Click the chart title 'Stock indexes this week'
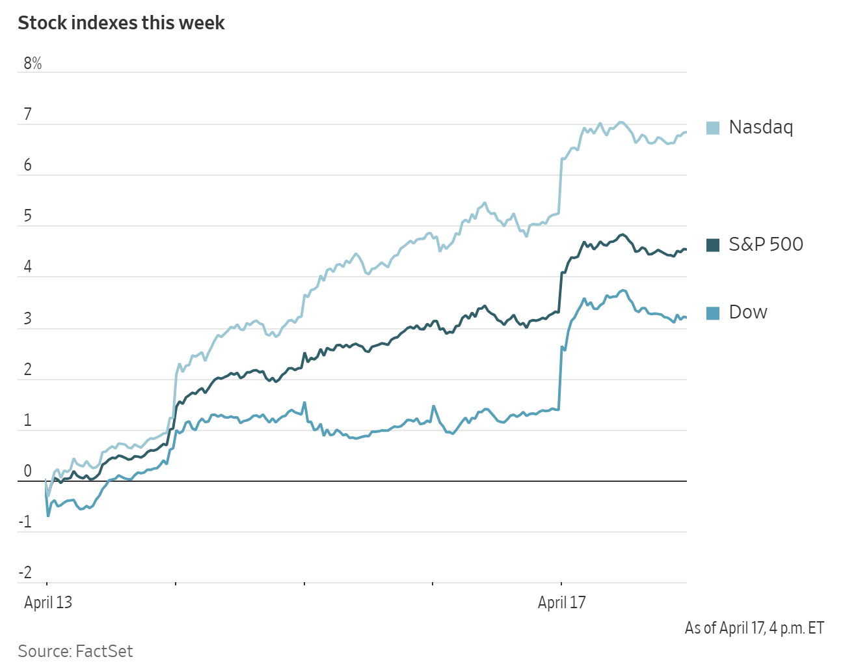tap(121, 23)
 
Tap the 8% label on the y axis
tap(33, 63)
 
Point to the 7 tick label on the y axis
tap(27, 115)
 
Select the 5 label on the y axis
tap(27, 216)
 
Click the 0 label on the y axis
tap(27, 471)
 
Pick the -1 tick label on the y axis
tap(25, 522)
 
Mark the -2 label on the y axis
tap(25, 573)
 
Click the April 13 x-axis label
tap(48, 602)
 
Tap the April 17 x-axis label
tap(562, 602)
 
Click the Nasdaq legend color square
tap(713, 128)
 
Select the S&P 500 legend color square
tap(713, 245)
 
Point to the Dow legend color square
tap(713, 313)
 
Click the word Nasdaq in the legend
tap(761, 127)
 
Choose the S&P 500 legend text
tap(766, 244)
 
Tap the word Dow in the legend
tap(748, 313)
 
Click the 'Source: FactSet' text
tap(75, 651)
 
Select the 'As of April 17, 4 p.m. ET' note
tap(755, 628)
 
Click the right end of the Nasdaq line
tap(686, 133)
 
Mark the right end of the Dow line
tap(686, 318)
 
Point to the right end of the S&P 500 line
tap(686, 249)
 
